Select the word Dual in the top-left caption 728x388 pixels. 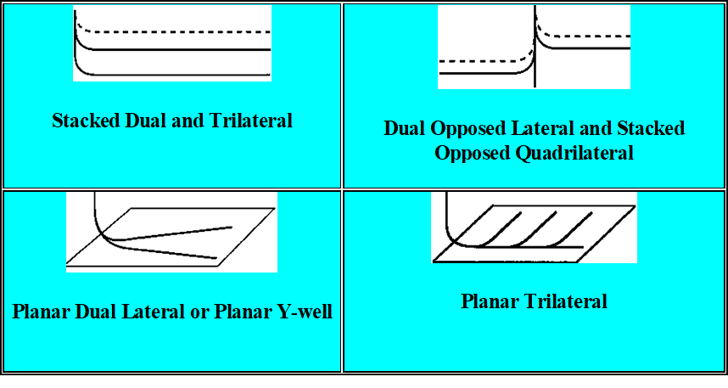[144, 121]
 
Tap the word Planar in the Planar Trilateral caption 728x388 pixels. [490, 301]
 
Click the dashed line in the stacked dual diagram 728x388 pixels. [187, 32]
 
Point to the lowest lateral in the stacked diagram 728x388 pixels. [187, 76]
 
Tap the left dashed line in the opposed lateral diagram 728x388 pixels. [475, 61]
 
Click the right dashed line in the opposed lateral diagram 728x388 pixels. [594, 36]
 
